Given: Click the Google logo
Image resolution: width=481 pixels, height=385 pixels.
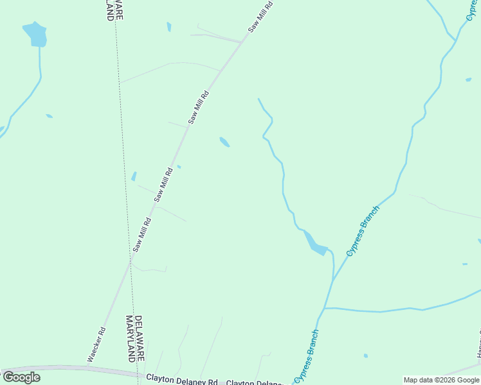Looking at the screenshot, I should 21,377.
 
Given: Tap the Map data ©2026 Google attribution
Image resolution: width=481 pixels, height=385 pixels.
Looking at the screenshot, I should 442,380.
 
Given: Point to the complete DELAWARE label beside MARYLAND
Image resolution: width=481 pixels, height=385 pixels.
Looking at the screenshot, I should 138,338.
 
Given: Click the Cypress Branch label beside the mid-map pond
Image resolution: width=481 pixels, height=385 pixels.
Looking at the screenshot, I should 363,231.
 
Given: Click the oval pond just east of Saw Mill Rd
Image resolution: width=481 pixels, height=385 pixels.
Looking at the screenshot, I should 224,142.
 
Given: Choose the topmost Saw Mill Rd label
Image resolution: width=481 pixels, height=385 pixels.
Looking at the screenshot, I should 260,17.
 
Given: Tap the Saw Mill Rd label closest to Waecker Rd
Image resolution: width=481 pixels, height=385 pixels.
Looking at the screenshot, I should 142,234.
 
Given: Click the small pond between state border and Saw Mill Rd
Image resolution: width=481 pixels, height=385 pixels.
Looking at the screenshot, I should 134,176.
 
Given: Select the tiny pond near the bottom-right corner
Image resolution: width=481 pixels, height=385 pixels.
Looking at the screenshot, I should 365,355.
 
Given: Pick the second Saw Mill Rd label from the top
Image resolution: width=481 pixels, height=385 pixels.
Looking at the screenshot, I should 199,107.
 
